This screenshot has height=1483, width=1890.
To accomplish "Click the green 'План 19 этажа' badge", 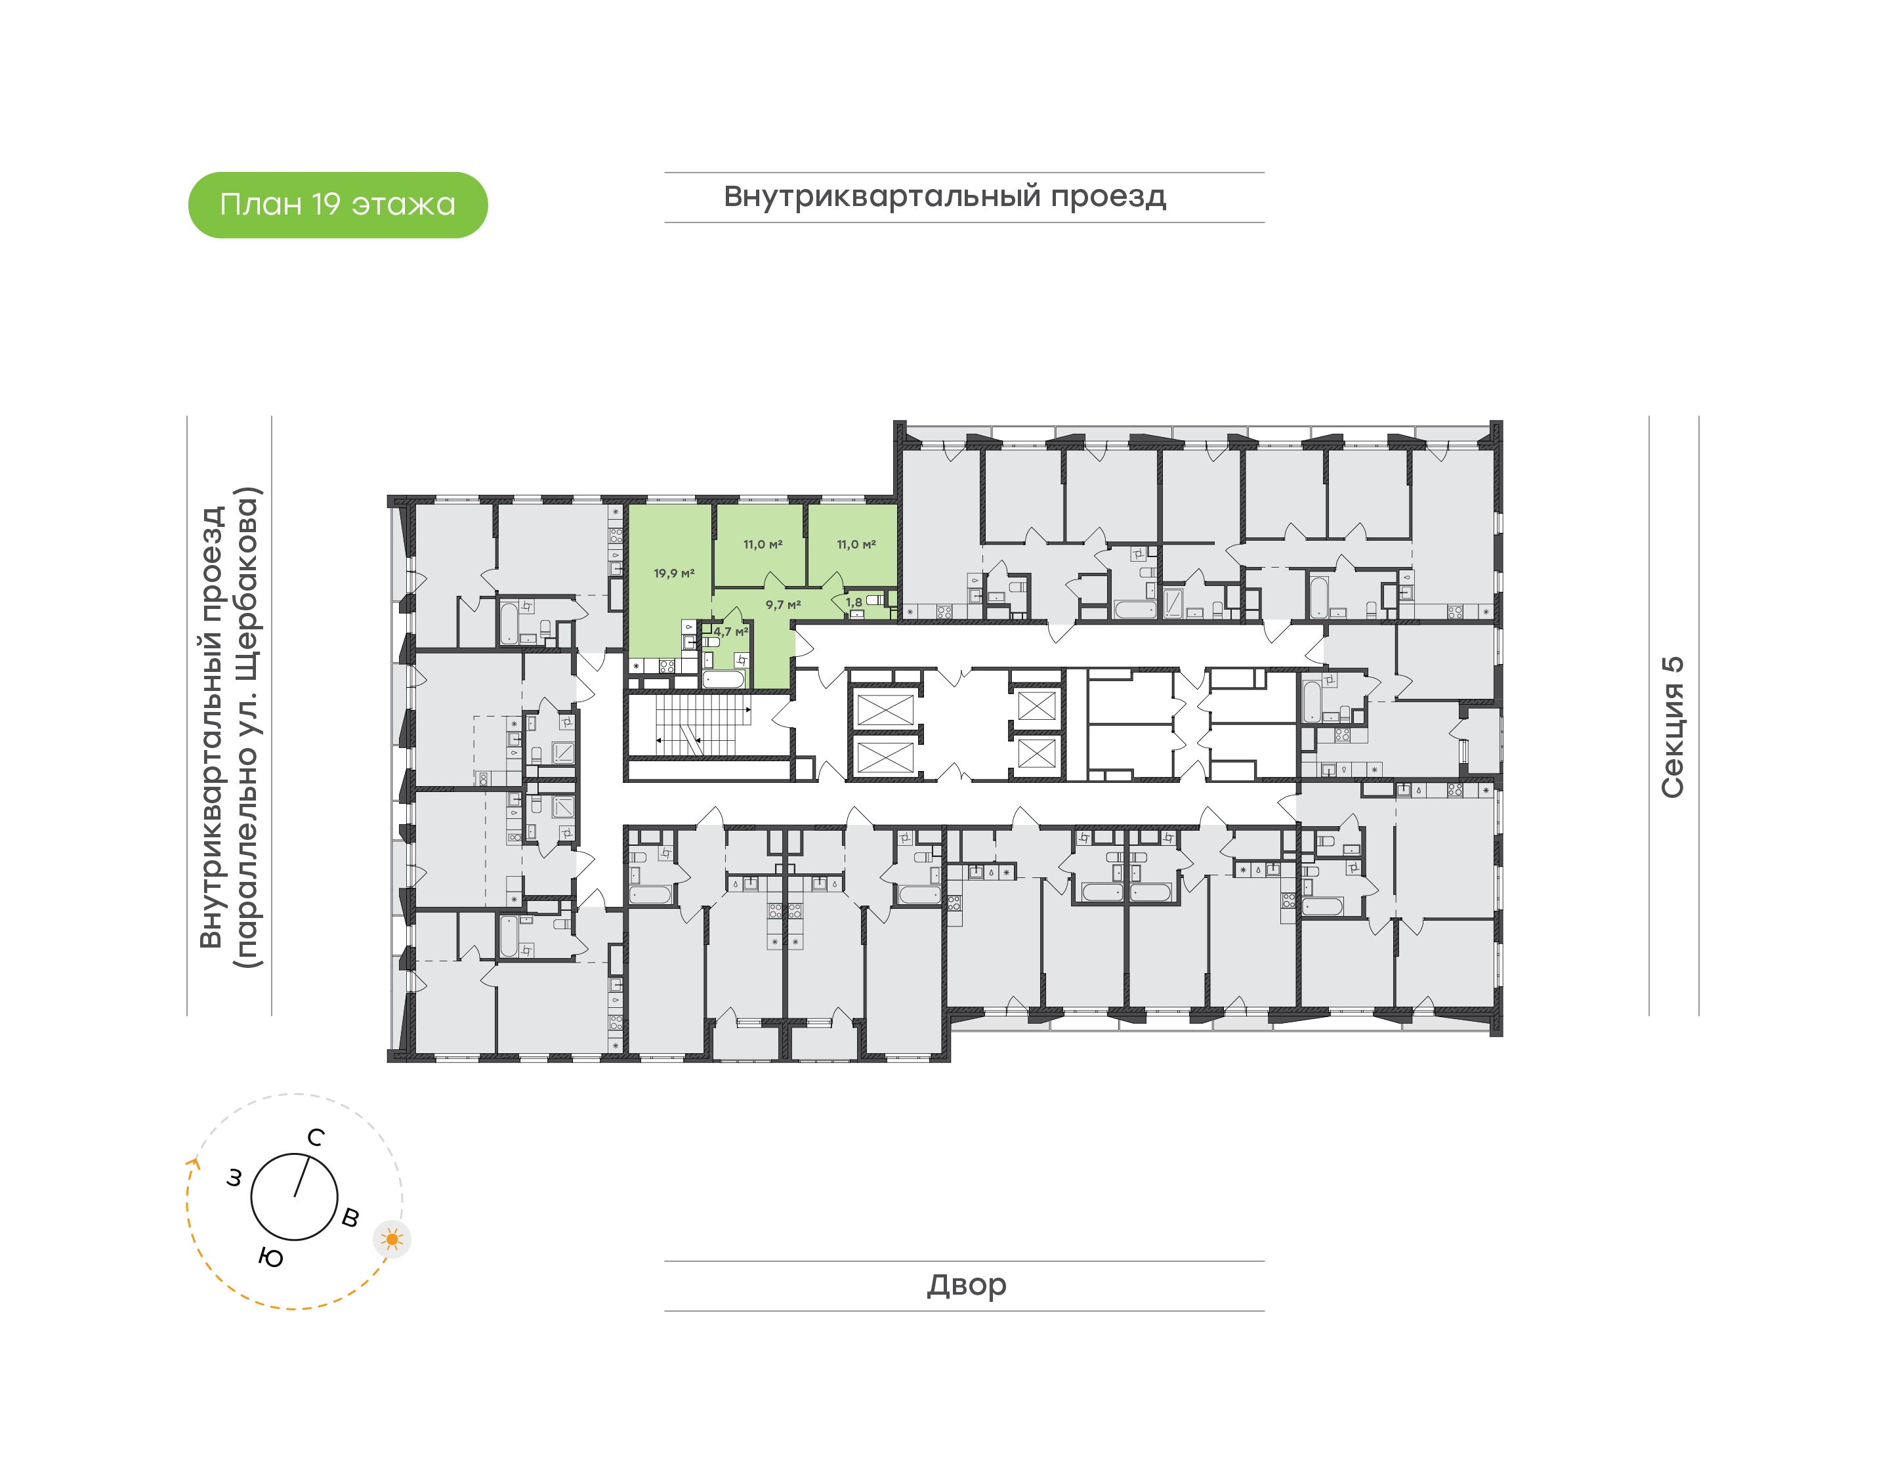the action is pos(338,205).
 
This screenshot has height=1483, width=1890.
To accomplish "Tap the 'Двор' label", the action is pos(966,1284).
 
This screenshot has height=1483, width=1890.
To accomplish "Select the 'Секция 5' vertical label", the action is pos(1672,727).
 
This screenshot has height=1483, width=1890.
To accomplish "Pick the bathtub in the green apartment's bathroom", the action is pos(723,679).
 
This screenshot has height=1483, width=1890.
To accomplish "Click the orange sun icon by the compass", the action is pos(392,1239).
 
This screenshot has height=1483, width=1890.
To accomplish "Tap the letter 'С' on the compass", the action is pos(316,1137).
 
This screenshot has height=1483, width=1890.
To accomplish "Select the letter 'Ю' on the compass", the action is pos(271,1258).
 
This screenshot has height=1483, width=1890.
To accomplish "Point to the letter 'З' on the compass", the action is pos(234,1177).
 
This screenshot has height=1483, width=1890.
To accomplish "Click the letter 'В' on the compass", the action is pos(350,1217).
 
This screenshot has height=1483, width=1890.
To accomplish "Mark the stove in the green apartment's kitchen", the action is pos(667,666).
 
